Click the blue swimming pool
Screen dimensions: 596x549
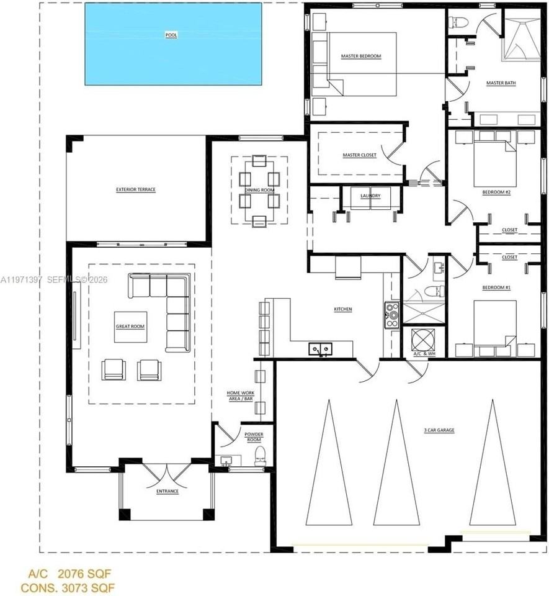[173, 43]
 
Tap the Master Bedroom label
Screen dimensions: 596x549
[360, 56]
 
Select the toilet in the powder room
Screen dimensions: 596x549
[260, 457]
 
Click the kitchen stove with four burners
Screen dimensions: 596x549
[392, 314]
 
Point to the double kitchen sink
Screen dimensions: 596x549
[321, 350]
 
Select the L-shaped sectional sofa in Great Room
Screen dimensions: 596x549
[167, 304]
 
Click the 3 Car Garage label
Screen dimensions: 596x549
[440, 430]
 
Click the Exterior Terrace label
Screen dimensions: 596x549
[135, 189]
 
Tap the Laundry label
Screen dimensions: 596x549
[370, 196]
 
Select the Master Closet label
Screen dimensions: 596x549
[359, 155]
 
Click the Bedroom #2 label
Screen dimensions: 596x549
[496, 192]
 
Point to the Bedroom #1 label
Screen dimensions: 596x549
[496, 288]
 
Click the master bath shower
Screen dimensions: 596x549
[521, 38]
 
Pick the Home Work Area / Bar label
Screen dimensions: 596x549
[241, 396]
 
